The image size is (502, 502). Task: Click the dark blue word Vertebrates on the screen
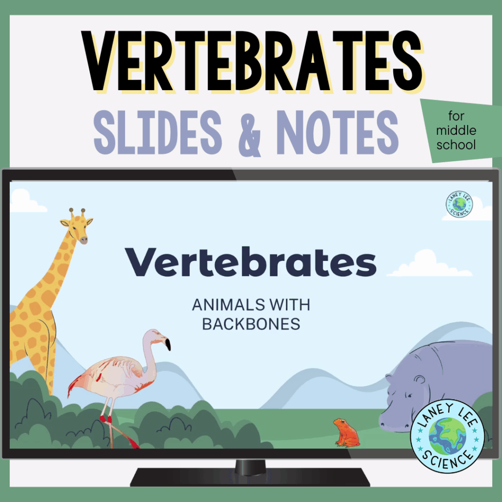251,263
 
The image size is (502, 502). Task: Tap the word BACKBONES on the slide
251,324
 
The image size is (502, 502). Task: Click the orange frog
346,432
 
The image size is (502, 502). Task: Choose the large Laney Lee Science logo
447,437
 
